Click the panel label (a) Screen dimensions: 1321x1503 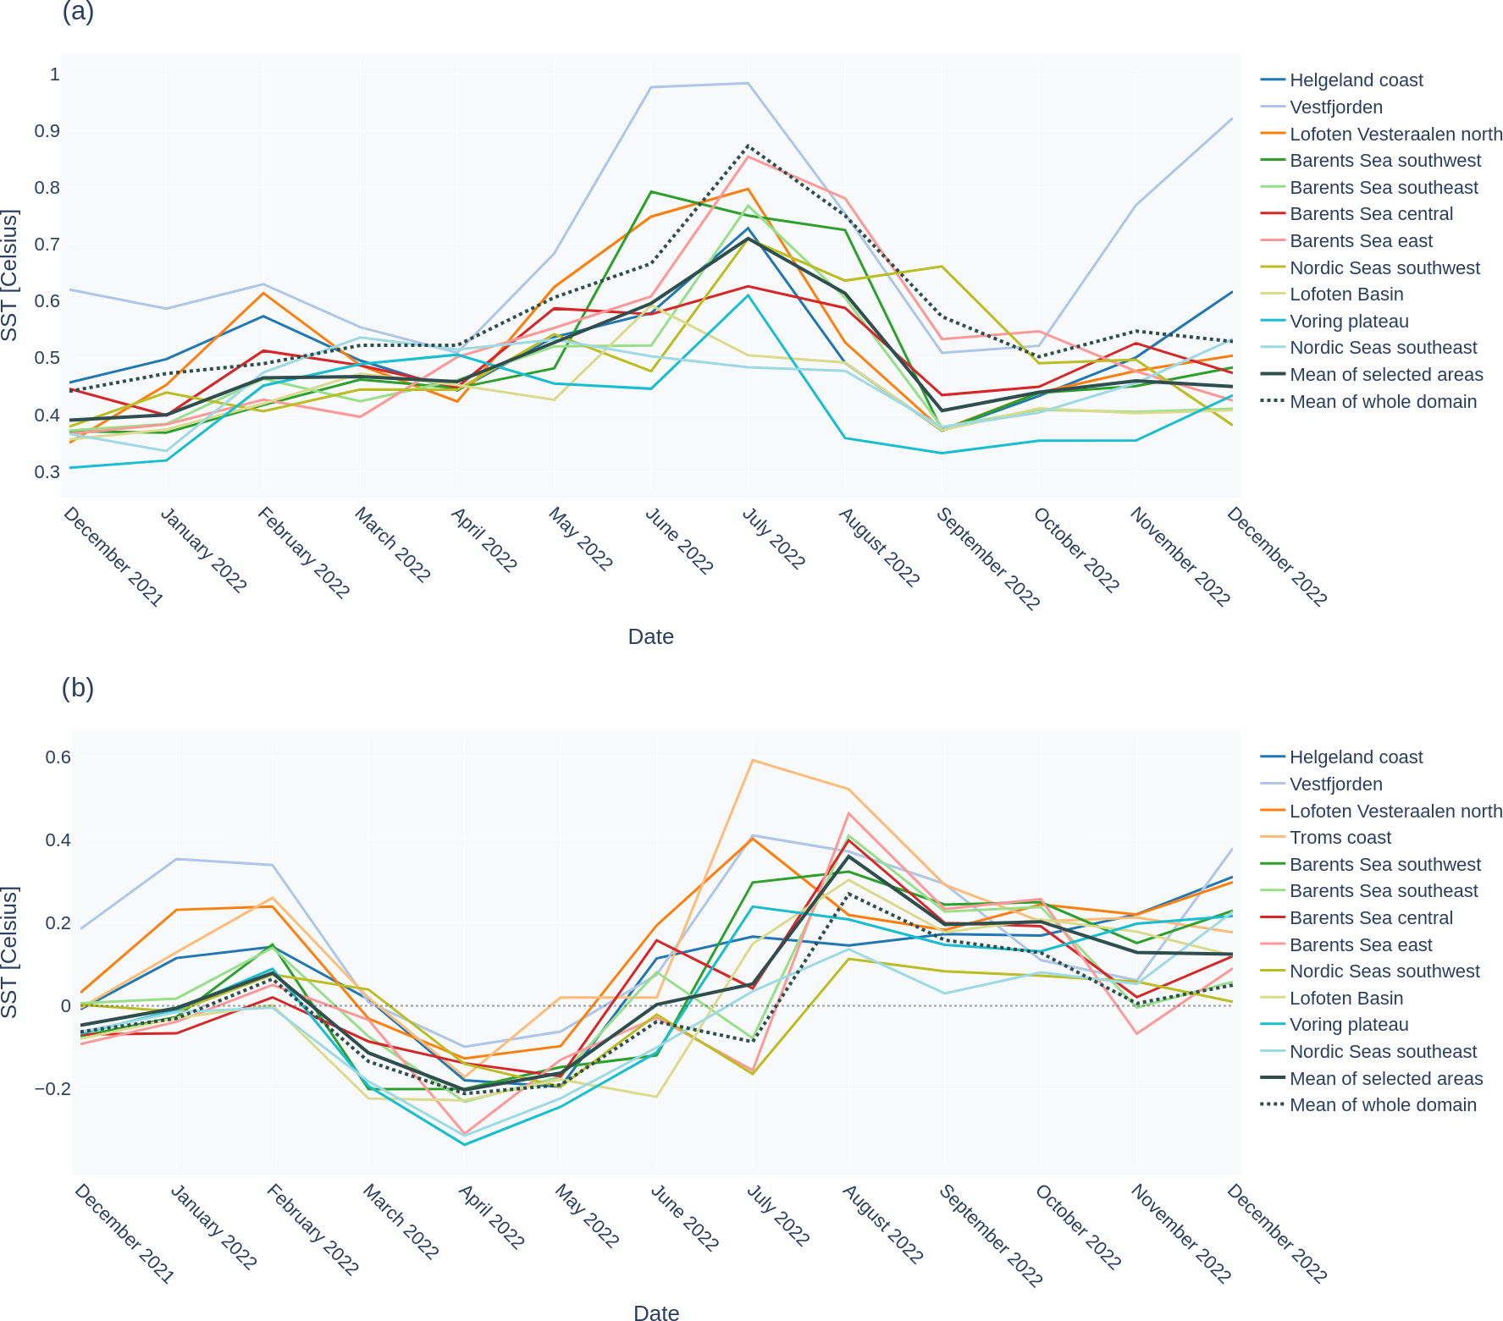pos(78,13)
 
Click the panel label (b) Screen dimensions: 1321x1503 pos(78,688)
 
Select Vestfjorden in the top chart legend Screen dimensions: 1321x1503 pos(1335,107)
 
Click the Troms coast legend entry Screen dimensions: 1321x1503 pos(1340,838)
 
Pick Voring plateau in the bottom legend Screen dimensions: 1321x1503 pos(1348,1025)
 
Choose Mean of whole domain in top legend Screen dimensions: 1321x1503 pos(1382,402)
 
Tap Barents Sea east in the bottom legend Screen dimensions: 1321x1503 pos(1360,945)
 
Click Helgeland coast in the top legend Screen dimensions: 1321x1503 pos(1356,80)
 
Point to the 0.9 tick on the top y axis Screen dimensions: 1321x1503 pos(48,131)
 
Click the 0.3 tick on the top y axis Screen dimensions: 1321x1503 pos(48,472)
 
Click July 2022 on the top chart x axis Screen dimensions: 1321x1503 pos(773,538)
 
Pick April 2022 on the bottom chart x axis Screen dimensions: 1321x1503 pos(491,1217)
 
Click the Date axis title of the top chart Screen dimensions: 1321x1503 pos(650,637)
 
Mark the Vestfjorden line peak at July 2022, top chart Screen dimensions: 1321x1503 pos(748,83)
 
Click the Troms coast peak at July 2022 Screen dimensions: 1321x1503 pos(752,760)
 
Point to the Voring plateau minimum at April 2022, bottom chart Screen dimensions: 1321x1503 pos(464,1145)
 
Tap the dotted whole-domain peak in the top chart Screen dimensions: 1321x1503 pos(748,146)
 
